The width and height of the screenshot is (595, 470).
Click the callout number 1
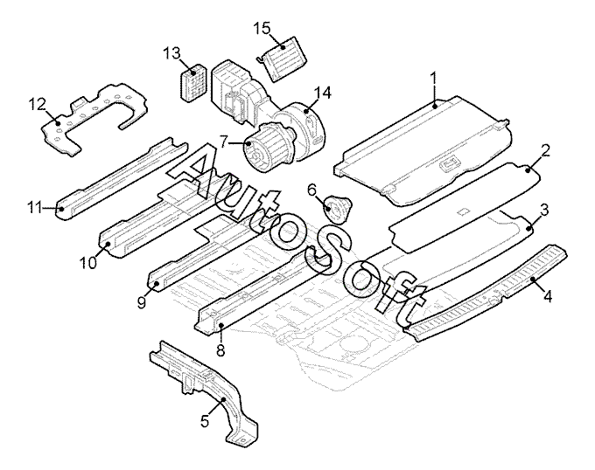point(433,79)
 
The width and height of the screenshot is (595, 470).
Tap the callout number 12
point(38,105)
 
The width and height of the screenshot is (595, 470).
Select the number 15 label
point(262,29)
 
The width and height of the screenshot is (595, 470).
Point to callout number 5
point(205,421)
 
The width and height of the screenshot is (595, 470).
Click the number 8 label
point(220,350)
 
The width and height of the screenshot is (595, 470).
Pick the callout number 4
point(547,296)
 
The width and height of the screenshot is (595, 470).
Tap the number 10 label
point(88,262)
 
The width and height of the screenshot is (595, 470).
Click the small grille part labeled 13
point(193,83)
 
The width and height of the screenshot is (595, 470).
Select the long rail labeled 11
point(122,178)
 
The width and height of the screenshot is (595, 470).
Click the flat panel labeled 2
point(465,206)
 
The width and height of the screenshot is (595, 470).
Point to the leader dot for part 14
point(306,111)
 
